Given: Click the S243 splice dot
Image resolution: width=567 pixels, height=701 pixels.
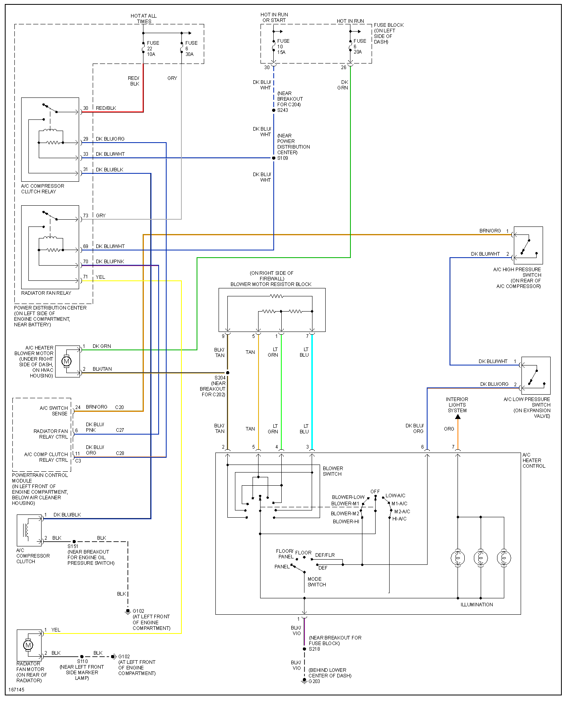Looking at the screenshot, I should [x=274, y=110].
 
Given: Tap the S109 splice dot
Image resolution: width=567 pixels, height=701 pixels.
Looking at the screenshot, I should [x=274, y=158].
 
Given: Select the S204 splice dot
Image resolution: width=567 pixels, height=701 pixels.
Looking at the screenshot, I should [x=228, y=373].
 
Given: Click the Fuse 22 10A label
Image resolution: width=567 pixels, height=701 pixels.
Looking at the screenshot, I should [x=152, y=48].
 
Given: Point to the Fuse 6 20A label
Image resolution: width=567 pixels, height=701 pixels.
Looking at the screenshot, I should [x=359, y=46].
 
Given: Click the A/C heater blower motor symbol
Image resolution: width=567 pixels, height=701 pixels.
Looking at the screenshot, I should [x=67, y=361].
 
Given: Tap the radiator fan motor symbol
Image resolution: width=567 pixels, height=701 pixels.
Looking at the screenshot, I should [x=28, y=645].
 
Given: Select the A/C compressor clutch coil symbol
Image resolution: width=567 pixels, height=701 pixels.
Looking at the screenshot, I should [x=27, y=530].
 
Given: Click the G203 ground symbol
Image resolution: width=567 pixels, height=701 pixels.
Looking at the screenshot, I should [x=304, y=680].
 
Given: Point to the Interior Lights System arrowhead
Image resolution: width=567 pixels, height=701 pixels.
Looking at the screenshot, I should [x=458, y=417].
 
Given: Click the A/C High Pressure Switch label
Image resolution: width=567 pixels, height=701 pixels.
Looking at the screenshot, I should [x=517, y=278].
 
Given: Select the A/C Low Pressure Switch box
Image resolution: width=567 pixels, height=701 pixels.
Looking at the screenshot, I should [x=535, y=375].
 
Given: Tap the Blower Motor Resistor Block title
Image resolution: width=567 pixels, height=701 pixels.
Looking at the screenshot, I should [x=271, y=284].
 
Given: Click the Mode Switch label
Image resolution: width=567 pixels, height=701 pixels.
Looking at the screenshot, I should [x=316, y=582].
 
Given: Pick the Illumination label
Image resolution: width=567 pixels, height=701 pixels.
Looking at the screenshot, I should [x=477, y=604].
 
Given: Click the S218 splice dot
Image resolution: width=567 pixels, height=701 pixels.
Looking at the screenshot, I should [x=304, y=649].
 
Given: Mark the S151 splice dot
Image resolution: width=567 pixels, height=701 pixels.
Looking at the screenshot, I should [x=74, y=542].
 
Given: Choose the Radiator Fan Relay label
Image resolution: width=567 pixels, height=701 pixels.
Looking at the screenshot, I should [x=46, y=293].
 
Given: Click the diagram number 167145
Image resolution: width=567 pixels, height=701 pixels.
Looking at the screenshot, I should [x=16, y=689].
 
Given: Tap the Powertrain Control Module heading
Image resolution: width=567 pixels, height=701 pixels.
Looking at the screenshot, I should [x=40, y=478].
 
